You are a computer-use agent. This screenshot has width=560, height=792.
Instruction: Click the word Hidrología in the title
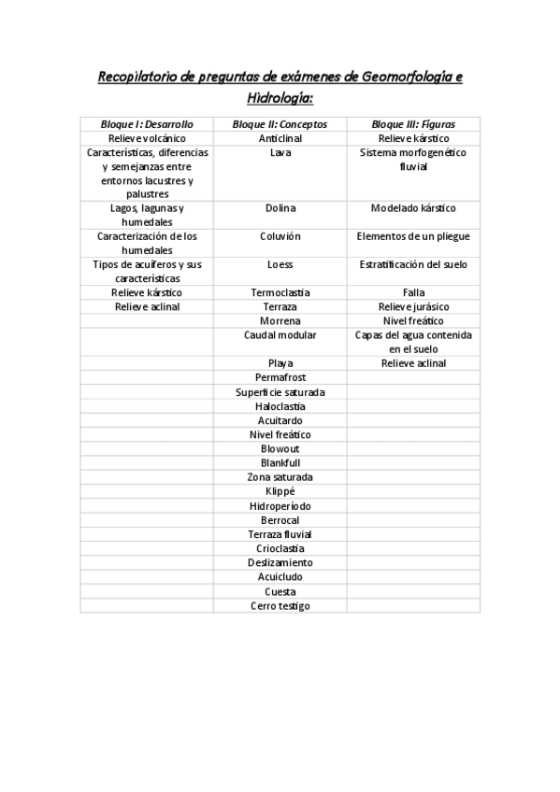click(x=280, y=96)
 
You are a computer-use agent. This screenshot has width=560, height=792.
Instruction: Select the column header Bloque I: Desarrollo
click(x=147, y=123)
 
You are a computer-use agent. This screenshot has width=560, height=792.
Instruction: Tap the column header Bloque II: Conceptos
click(x=280, y=123)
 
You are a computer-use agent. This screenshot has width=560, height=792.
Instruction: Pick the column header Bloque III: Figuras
click(x=413, y=123)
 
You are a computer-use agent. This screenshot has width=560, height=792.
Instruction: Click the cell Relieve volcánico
click(x=147, y=138)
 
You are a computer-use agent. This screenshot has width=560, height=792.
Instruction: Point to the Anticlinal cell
click(x=280, y=138)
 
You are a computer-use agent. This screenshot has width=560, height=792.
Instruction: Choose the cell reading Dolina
click(x=280, y=208)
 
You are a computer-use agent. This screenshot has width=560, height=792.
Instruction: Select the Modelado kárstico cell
click(x=413, y=208)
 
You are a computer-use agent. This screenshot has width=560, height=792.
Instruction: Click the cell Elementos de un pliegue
click(x=413, y=236)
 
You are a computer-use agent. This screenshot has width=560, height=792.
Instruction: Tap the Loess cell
click(x=280, y=264)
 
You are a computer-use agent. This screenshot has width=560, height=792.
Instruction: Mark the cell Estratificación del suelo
click(x=413, y=264)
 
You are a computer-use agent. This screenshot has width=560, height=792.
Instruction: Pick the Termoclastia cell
click(x=280, y=292)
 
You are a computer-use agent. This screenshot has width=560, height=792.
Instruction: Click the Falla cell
click(x=413, y=292)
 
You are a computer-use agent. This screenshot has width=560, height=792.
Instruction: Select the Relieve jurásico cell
click(x=413, y=306)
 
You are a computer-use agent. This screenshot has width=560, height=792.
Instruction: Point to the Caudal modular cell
click(x=280, y=334)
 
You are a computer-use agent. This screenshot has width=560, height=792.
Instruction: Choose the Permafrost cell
click(x=280, y=377)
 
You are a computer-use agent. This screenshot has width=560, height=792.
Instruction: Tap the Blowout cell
click(x=280, y=448)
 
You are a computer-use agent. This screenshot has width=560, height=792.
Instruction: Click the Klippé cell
click(x=280, y=491)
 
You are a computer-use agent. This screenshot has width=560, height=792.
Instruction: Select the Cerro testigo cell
click(x=280, y=605)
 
